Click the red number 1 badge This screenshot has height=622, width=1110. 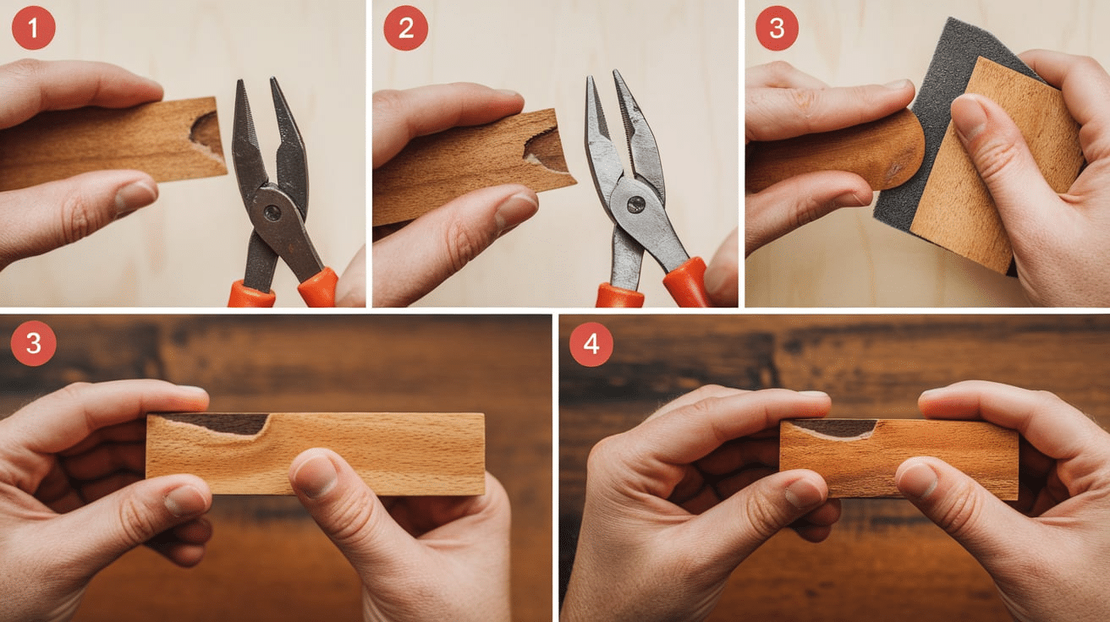point(33,28)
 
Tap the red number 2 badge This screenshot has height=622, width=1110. point(406,28)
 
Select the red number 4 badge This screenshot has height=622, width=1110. point(591,345)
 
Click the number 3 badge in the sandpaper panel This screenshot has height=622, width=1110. point(777,28)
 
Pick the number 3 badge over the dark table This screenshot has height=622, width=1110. point(33,343)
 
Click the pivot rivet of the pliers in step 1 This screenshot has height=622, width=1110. point(272,213)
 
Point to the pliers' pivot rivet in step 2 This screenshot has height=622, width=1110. point(635,205)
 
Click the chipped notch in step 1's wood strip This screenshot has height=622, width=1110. point(205,133)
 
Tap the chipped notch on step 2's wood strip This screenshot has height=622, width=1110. point(544,148)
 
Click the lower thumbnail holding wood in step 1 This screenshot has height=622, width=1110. point(134,196)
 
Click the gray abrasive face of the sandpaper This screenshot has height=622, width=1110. point(926,123)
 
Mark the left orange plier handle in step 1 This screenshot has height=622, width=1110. point(251,293)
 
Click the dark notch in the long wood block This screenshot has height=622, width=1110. point(223,424)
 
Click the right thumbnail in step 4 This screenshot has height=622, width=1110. point(919,479)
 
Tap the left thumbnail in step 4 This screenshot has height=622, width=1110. point(803,493)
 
